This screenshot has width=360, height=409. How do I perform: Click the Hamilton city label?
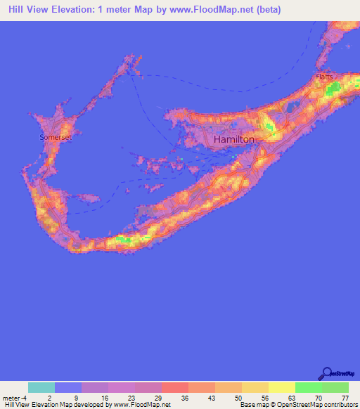(x=233, y=140)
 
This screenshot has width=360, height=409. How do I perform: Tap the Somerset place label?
(x=56, y=138)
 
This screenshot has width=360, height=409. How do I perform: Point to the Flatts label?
(x=324, y=76)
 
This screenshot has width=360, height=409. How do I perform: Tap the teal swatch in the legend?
(x=41, y=387)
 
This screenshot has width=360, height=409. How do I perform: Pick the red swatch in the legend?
(x=175, y=387)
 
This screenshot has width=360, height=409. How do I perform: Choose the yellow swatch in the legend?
(x=282, y=387)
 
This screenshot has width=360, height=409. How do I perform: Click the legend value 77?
(x=344, y=397)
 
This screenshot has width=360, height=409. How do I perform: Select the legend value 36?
(x=184, y=397)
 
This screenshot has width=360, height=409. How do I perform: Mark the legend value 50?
(x=238, y=397)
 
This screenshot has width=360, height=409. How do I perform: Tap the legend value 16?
(x=104, y=397)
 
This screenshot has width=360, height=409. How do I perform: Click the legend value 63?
(x=290, y=397)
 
